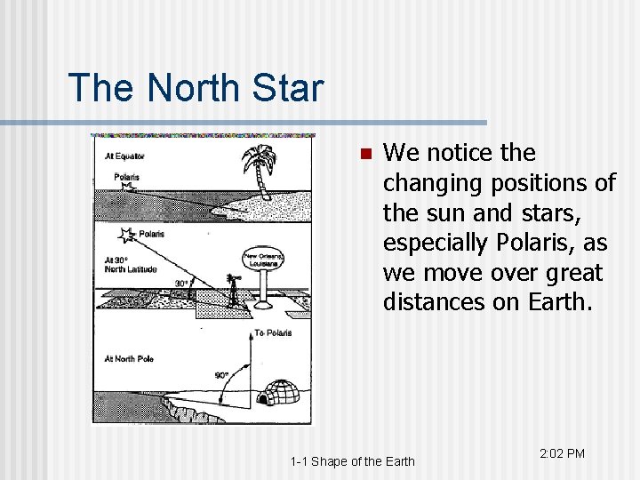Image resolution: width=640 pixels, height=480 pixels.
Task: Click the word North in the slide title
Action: pyautogui.click(x=189, y=88)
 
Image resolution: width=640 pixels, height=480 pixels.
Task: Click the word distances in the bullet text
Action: pyautogui.click(x=428, y=302)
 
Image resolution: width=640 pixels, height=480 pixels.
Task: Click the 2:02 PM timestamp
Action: pyautogui.click(x=562, y=454)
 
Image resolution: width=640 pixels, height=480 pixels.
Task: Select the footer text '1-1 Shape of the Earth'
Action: pyautogui.click(x=352, y=460)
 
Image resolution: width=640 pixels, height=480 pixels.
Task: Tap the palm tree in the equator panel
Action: pyautogui.click(x=260, y=169)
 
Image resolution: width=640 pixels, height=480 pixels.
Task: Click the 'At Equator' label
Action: pyautogui.click(x=124, y=156)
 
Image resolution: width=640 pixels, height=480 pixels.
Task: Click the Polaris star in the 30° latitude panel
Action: pyautogui.click(x=126, y=235)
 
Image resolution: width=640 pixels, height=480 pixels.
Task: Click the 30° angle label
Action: pyautogui.click(x=181, y=284)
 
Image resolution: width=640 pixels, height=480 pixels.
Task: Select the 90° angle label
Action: pyautogui.click(x=221, y=375)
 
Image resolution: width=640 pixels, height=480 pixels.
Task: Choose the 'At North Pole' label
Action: pyautogui.click(x=129, y=358)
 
